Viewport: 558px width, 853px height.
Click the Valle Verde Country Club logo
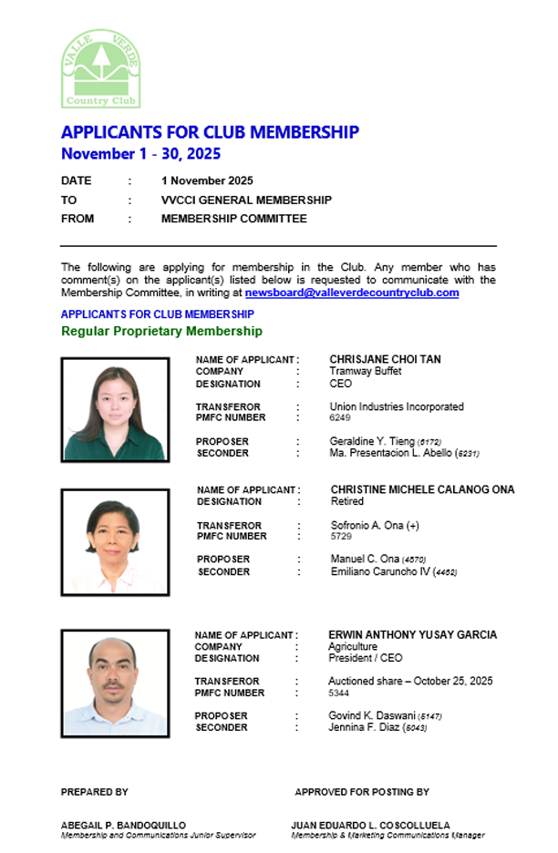point(101,68)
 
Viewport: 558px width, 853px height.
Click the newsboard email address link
point(352,293)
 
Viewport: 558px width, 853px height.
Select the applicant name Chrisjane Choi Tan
point(385,359)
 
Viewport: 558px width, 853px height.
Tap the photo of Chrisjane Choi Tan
point(115,408)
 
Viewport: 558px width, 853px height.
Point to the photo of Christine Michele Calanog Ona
point(115,541)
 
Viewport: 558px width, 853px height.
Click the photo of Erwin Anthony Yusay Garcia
point(115,683)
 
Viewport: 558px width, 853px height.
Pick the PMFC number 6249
point(339,418)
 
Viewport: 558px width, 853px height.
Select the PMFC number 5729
point(341,537)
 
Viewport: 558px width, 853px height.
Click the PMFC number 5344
point(338,693)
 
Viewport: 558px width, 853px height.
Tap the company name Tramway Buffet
point(365,372)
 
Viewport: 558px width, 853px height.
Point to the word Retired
point(346,501)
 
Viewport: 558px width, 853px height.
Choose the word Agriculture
point(352,646)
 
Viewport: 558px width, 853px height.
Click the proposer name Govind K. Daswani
point(370,716)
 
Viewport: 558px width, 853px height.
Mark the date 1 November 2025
point(207,180)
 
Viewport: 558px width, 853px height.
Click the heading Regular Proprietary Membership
point(161,331)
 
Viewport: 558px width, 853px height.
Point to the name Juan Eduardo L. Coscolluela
point(370,826)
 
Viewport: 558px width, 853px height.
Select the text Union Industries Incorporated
point(396,406)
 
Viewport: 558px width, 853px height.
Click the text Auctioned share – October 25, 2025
point(410,681)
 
